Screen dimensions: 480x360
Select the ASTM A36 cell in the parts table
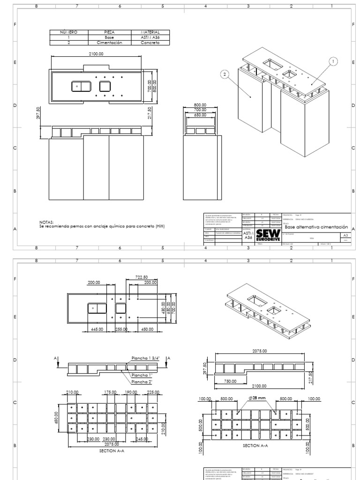[150, 37]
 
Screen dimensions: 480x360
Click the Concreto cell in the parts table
[150, 43]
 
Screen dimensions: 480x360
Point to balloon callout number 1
[333, 61]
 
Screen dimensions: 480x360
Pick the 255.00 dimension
[121, 329]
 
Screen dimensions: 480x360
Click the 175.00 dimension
[111, 392]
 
